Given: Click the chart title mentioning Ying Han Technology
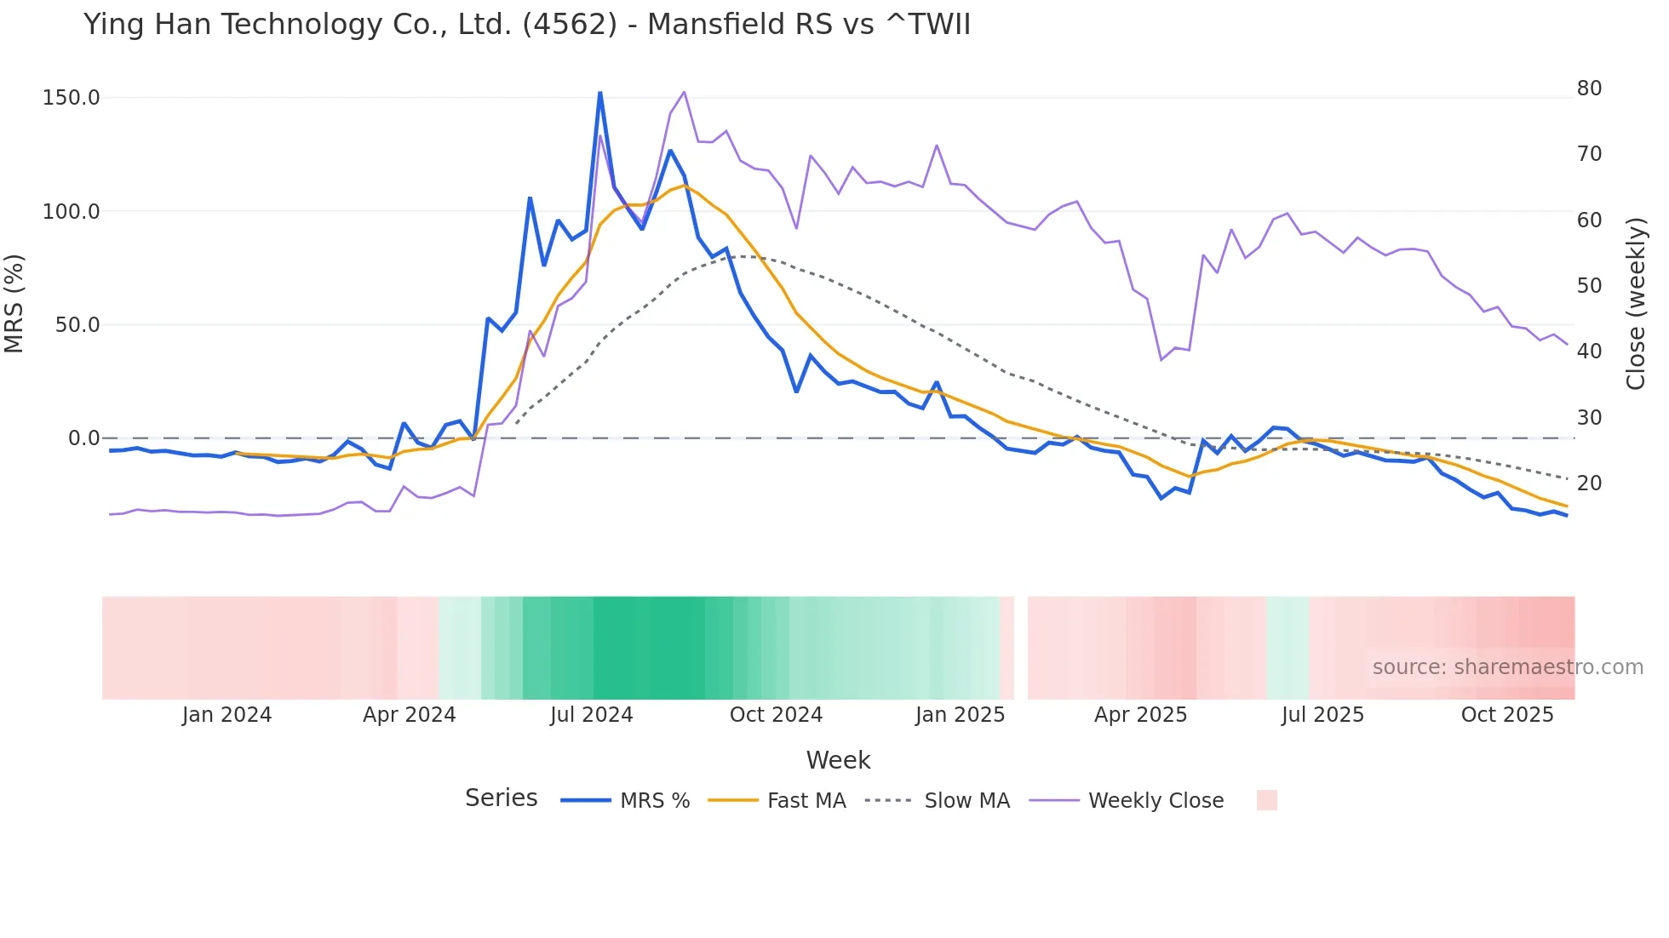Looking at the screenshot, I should click(x=526, y=25).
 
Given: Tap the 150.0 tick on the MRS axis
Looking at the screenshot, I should click(x=72, y=98).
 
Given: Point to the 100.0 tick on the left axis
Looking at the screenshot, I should click(x=72, y=211).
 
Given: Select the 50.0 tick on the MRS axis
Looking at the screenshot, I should click(x=77, y=325).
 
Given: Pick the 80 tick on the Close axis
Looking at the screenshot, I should click(x=1589, y=89).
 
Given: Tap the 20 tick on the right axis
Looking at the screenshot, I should click(x=1589, y=483).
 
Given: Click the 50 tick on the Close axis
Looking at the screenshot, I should click(x=1589, y=286).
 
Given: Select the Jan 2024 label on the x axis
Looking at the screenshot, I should click(x=227, y=715).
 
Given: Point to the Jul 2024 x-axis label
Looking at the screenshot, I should click(x=592, y=715).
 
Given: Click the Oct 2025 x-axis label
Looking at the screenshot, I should click(x=1507, y=715).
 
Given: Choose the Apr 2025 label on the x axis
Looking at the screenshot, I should click(x=1140, y=715).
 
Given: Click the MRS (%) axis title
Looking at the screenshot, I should click(x=14, y=304).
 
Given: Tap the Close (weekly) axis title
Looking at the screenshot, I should click(x=1636, y=304).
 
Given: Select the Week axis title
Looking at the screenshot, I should click(x=838, y=760).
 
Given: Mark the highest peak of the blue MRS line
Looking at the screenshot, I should click(x=600, y=92).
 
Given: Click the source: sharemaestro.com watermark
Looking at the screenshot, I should click(x=1507, y=667).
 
